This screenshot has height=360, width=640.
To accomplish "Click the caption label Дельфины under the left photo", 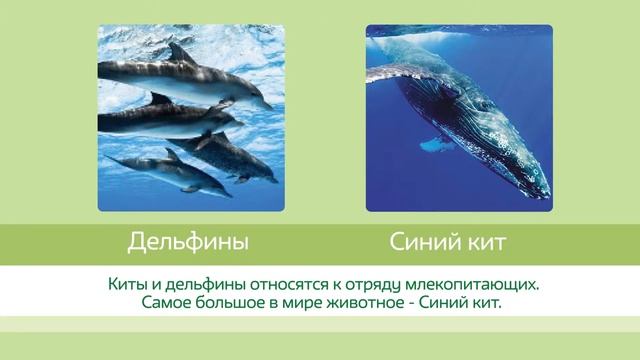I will tap(188, 242).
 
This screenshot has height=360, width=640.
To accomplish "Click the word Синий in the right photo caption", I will tap(418, 242).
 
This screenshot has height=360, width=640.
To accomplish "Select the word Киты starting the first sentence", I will tap(126, 284).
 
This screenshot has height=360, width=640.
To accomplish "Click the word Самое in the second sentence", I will tap(166, 301).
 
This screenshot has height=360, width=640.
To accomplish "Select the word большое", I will tap(231, 301).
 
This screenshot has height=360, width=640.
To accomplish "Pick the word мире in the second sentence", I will tap(299, 301).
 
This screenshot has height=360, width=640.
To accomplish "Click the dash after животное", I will tap(412, 302).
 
